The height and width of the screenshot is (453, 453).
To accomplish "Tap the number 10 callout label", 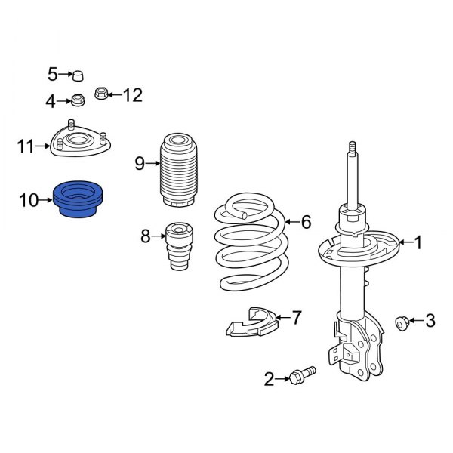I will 28,200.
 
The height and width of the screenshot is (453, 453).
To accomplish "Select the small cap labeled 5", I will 77,74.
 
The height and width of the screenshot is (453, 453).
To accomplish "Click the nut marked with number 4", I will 76,99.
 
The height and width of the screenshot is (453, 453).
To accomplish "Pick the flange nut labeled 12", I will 101,94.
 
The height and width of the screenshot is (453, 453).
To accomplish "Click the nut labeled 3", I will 402,323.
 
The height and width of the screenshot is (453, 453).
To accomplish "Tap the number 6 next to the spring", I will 306,222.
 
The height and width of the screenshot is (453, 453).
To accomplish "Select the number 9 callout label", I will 140,163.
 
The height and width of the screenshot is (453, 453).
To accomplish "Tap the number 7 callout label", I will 297,318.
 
